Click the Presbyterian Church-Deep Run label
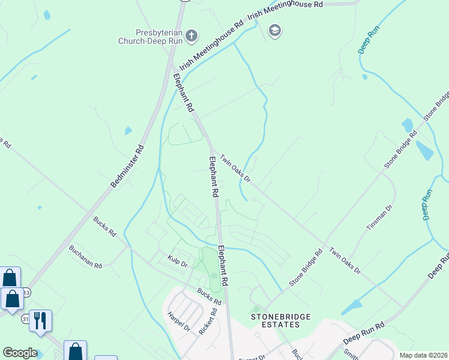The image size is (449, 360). (150, 37)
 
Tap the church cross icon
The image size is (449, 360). (191, 37)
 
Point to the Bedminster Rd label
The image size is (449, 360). (128, 167)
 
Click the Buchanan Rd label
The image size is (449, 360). (85, 256)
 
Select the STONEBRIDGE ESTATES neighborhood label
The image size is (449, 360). (275, 320)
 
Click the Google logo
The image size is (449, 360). (20, 353)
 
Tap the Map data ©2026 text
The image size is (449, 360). (424, 355)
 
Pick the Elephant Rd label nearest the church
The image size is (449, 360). (184, 92)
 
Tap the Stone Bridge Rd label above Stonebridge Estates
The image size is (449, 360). (306, 267)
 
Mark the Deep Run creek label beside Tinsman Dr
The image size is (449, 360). (426, 205)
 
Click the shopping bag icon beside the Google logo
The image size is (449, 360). (76, 351)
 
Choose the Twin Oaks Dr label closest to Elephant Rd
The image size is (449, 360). (235, 167)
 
